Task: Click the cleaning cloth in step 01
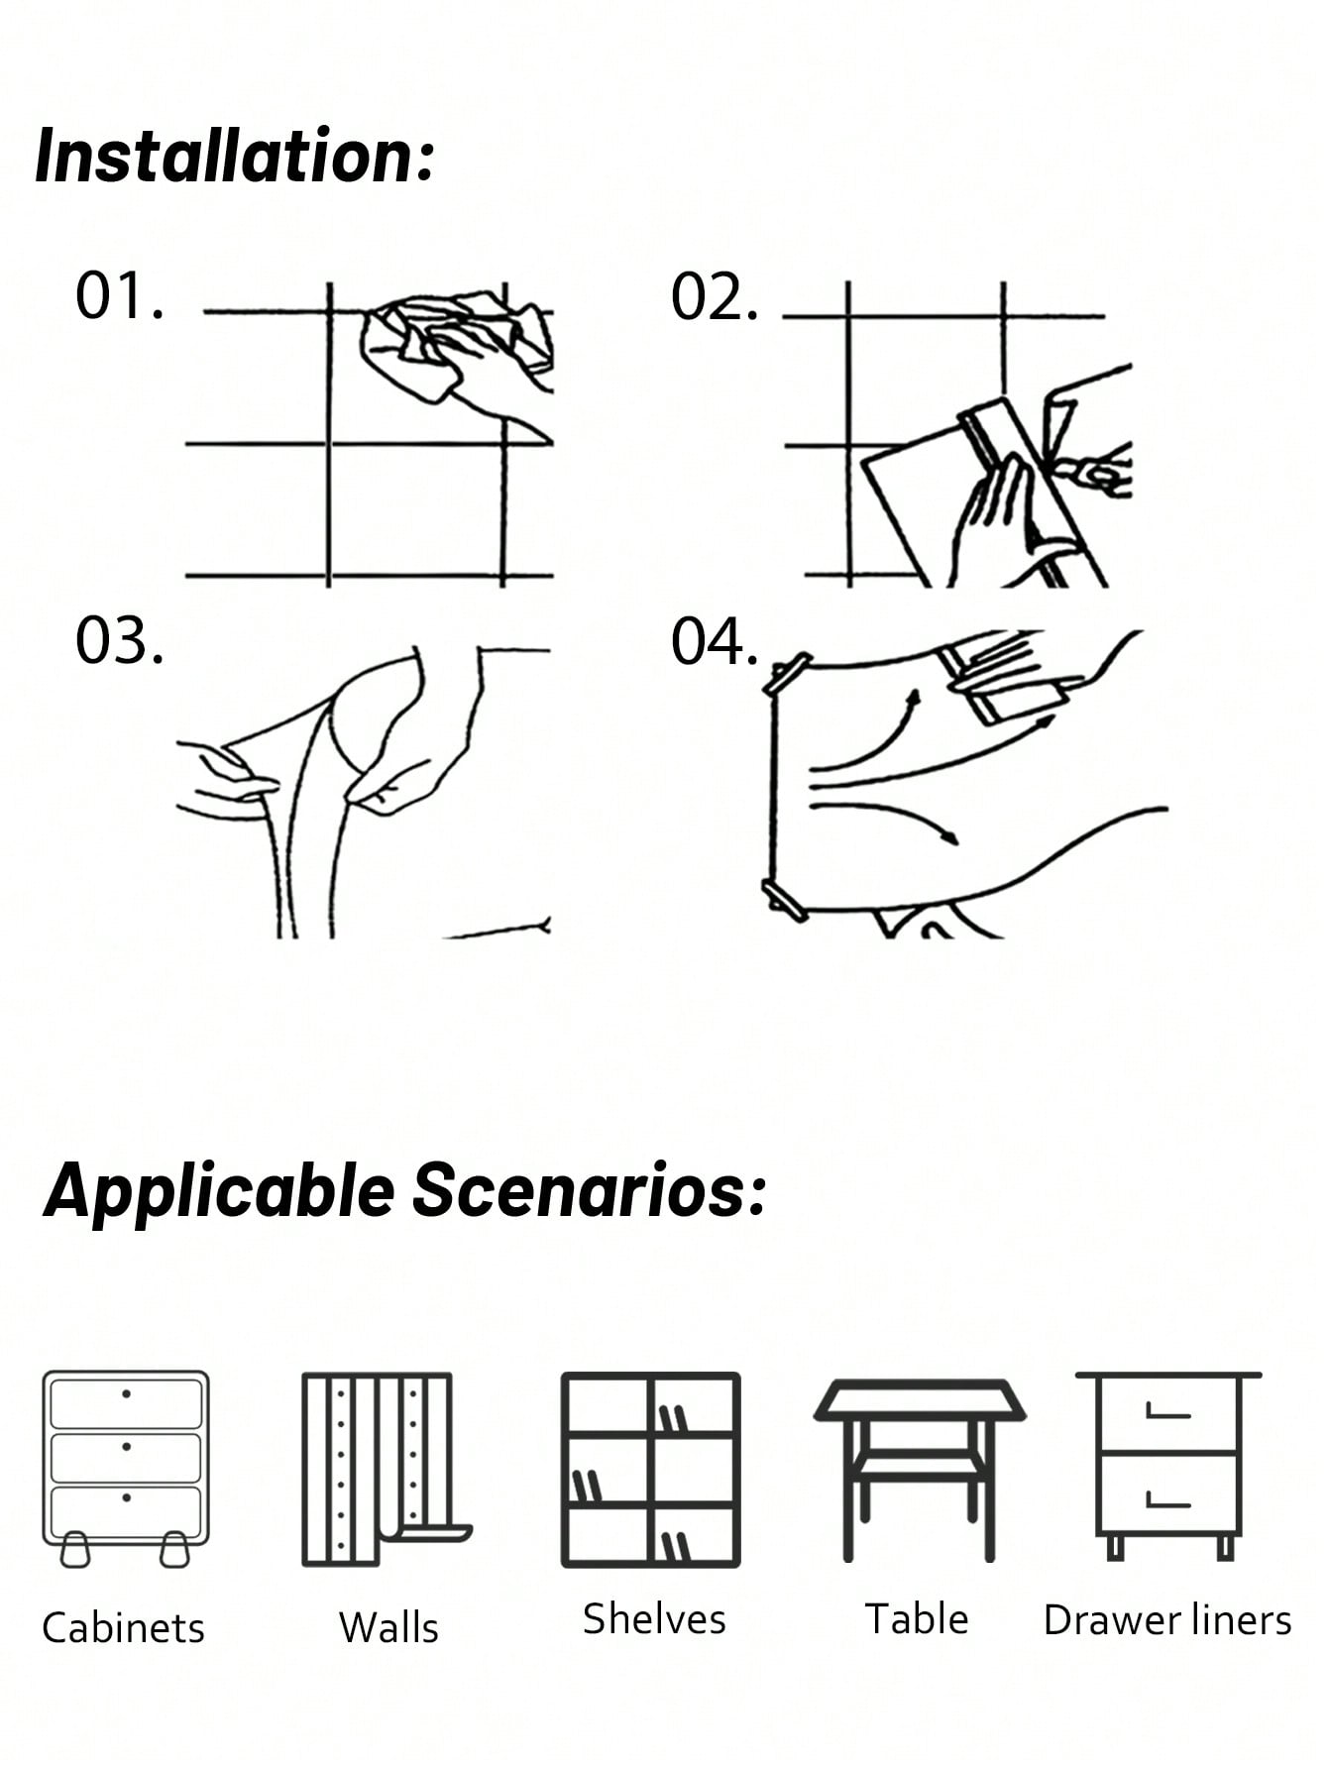pyautogui.click(x=436, y=337)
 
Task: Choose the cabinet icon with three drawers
pyautogui.click(x=126, y=1467)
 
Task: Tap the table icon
pyautogui.click(x=919, y=1467)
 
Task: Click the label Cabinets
pyautogui.click(x=123, y=1628)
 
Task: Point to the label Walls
pyautogui.click(x=387, y=1628)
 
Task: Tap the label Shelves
pyautogui.click(x=653, y=1619)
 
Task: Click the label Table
pyautogui.click(x=917, y=1619)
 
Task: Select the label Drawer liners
pyautogui.click(x=1167, y=1620)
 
